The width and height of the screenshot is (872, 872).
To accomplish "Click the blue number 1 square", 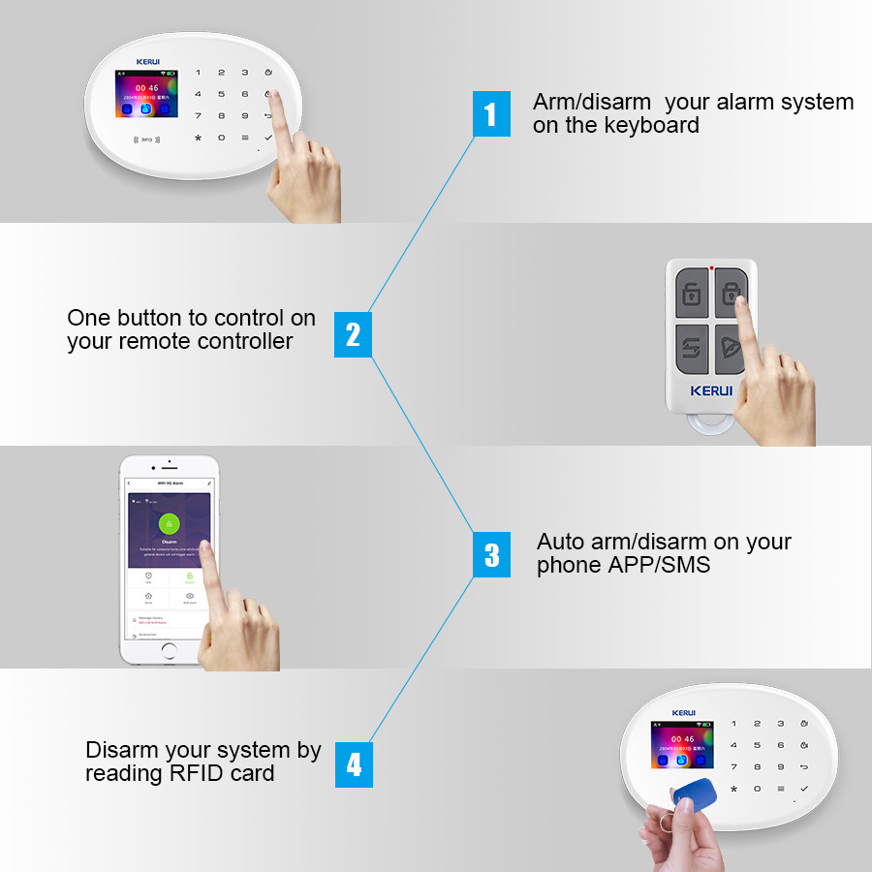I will (x=491, y=114).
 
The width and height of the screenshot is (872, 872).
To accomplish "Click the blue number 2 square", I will (x=353, y=334).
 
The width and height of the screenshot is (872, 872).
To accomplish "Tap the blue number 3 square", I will (x=491, y=554).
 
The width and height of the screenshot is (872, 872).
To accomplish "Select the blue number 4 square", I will (x=354, y=764).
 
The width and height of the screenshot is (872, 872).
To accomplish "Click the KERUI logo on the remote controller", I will (x=711, y=391).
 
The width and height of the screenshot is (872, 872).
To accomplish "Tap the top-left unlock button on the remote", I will (x=692, y=294).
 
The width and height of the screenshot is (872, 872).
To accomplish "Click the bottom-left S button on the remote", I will (x=692, y=347).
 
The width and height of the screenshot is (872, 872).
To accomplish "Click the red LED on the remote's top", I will (x=712, y=266).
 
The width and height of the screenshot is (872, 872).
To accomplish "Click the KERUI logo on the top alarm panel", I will (x=148, y=60).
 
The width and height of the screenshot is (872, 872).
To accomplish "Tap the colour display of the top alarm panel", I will (x=147, y=94).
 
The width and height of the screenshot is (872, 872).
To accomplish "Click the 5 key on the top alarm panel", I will (x=221, y=94).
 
